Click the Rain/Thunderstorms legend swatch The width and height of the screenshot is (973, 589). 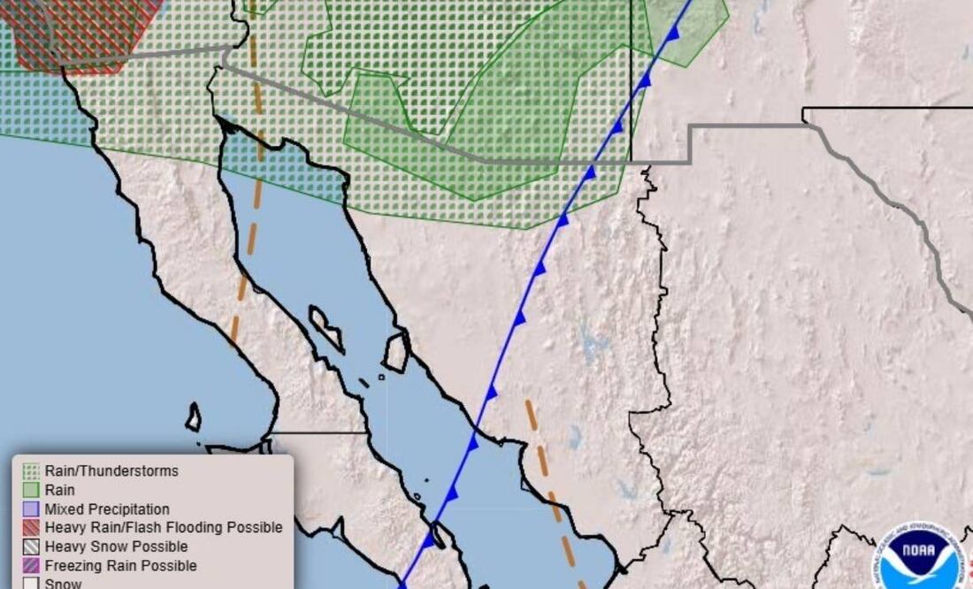click(32, 471)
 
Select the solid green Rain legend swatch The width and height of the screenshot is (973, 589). click(32, 490)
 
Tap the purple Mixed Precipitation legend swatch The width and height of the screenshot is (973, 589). click(32, 509)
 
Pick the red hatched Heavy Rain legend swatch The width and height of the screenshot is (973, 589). click(32, 528)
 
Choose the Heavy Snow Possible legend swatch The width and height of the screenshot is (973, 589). click(32, 547)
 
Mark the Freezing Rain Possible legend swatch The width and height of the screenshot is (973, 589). click(32, 566)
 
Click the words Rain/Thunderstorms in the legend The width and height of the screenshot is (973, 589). click(111, 471)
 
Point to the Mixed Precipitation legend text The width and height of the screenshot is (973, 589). click(107, 509)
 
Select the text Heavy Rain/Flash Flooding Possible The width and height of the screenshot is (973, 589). click(164, 528)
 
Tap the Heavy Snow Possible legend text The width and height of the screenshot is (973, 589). click(116, 547)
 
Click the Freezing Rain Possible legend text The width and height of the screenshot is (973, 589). click(120, 566)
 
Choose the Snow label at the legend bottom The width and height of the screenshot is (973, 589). click(63, 583)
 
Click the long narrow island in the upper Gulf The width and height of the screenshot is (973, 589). click(326, 328)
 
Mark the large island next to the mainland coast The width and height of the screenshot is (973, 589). click(396, 351)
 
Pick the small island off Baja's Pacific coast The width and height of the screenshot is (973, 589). click(193, 417)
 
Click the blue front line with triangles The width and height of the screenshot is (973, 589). click(531, 283)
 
